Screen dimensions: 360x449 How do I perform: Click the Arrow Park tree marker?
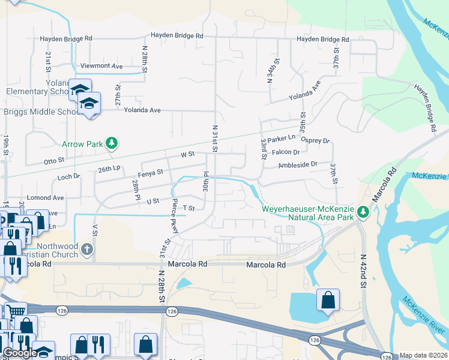click(x=111, y=143)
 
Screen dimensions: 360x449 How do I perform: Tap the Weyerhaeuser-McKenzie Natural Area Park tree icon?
click(x=363, y=212)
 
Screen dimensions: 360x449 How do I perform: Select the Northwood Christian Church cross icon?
click(x=87, y=249)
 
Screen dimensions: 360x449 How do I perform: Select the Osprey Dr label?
click(x=316, y=141)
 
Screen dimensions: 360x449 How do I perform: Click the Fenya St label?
click(x=151, y=173)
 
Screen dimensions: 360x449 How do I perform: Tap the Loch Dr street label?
click(x=69, y=177)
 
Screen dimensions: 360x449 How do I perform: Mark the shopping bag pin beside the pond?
click(x=328, y=299)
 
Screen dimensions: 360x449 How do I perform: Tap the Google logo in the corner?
click(x=19, y=353)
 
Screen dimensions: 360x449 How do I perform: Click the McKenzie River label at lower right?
click(x=424, y=317)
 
